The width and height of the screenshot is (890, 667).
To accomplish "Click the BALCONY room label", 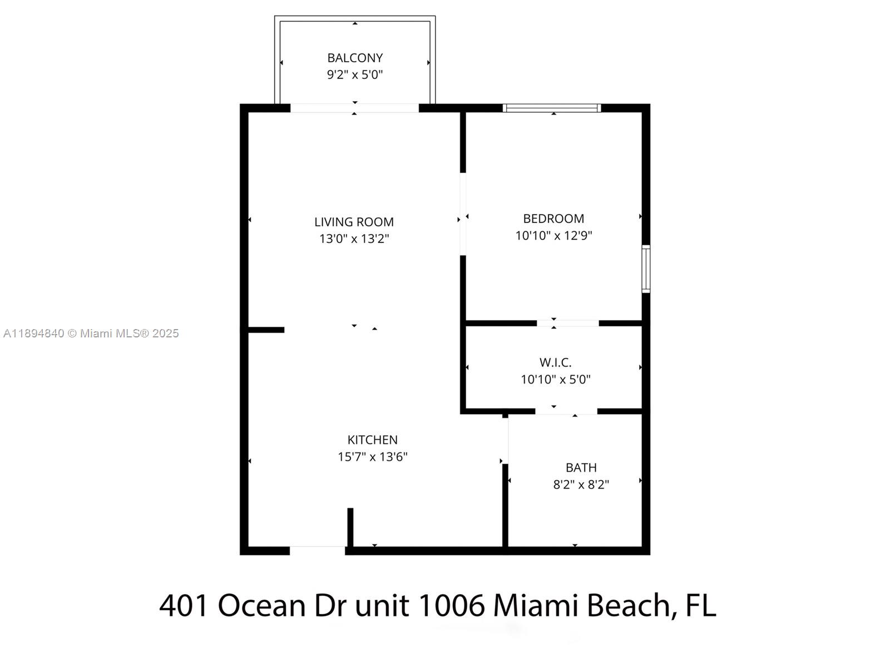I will point(355,58).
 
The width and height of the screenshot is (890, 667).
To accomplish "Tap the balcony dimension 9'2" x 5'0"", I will point(355,74).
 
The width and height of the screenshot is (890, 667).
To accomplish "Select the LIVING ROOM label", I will point(354,222).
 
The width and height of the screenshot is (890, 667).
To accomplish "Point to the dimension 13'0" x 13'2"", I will point(354,238).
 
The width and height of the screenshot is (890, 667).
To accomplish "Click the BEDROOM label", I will point(553,218).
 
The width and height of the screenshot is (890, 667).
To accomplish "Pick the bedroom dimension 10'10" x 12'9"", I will point(553,235).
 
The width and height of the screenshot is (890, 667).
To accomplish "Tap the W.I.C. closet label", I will point(555,363).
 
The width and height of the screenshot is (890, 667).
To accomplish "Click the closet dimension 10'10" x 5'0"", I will point(555,380).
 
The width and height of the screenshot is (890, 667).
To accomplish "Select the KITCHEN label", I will point(372,440).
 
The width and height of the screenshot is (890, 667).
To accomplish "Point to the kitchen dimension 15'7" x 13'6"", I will point(372,457).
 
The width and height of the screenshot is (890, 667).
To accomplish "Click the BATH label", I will point(581,467).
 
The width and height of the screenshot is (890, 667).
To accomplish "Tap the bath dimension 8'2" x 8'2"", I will point(581,485).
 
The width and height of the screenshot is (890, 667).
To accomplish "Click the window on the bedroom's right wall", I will point(646,269).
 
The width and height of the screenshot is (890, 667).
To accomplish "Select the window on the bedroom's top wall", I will point(552,108).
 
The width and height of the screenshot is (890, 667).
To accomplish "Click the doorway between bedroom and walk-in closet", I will point(567,323).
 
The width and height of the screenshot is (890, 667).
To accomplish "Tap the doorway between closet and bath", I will point(566,411).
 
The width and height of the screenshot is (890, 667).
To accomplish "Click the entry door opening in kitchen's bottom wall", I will point(317,550).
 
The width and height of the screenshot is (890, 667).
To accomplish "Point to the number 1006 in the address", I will point(451,605).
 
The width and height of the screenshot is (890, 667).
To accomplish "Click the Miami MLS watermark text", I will point(91,333).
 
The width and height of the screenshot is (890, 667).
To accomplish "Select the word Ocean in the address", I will point(262,605).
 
